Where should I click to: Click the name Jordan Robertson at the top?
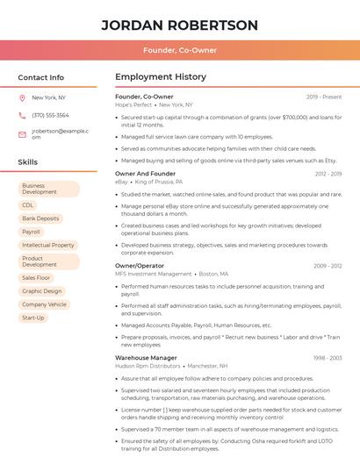(179, 25)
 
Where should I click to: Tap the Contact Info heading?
(40, 77)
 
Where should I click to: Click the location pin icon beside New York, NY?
(22, 98)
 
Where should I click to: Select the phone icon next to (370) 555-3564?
(22, 116)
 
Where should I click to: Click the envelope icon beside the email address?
(22, 134)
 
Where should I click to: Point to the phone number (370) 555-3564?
(50, 116)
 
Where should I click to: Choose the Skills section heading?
(28, 162)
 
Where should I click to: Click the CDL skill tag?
(28, 204)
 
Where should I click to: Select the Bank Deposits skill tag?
(40, 218)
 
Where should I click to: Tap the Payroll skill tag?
(32, 232)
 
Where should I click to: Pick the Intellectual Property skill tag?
(48, 246)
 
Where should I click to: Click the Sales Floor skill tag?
(36, 277)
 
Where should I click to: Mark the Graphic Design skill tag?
(41, 290)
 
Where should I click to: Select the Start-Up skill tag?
(33, 318)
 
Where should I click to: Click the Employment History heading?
(161, 77)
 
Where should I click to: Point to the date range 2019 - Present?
(324, 97)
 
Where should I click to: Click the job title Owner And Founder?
(145, 174)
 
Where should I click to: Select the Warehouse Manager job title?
(146, 358)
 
